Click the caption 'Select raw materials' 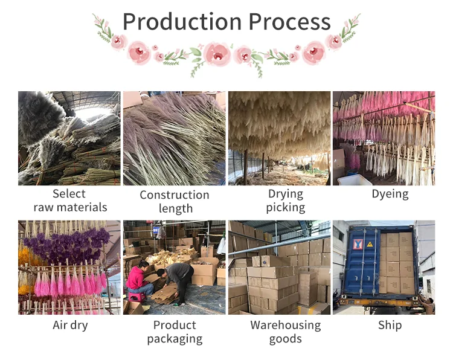pos(69,201)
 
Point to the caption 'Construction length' pos(175,202)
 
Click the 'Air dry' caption pos(70,326)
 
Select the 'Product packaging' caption pos(175,332)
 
